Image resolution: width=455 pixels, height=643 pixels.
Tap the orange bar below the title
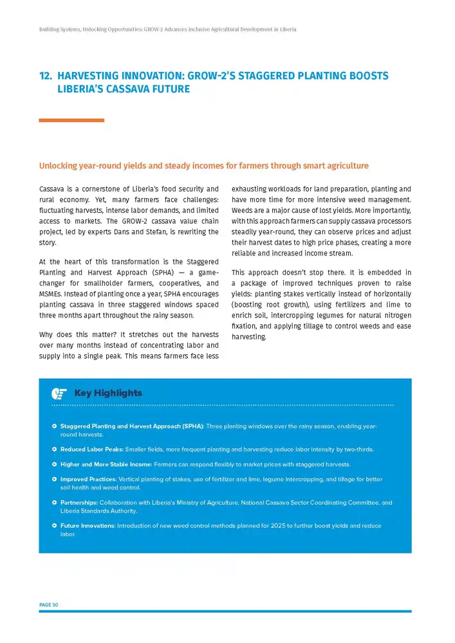tap(71, 120)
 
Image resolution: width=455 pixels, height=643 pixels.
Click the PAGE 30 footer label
tap(48, 604)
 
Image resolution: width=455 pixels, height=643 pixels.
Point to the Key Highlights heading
tap(108, 393)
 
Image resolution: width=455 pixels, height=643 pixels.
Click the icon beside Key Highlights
tap(59, 393)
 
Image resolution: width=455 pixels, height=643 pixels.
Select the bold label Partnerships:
tap(79, 503)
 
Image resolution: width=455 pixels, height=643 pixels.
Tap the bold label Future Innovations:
tap(88, 526)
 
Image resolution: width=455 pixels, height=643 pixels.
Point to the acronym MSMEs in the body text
tap(51, 294)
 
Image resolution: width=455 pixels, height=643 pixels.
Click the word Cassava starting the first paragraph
tap(51, 189)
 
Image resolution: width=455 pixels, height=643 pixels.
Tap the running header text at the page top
tap(167, 30)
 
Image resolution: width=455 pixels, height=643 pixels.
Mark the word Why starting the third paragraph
tap(46, 335)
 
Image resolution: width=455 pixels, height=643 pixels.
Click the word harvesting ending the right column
tap(248, 336)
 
